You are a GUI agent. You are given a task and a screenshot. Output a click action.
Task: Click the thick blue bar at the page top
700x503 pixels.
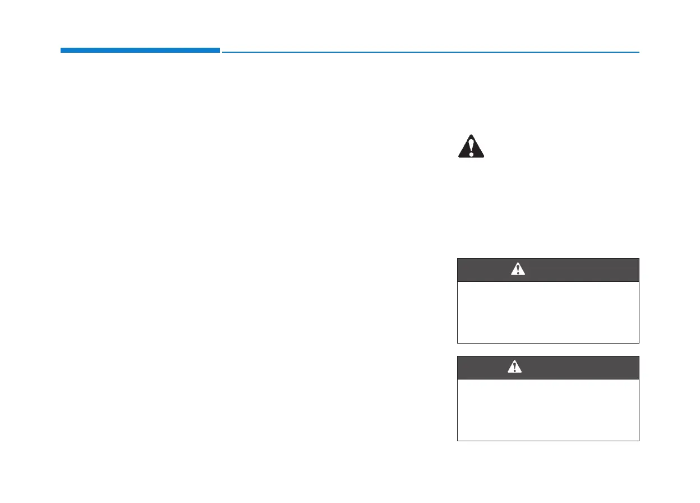(x=140, y=51)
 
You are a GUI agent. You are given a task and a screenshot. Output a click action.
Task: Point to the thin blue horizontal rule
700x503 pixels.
(x=431, y=52)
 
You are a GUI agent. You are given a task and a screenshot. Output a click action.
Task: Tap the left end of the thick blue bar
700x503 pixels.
(x=62, y=51)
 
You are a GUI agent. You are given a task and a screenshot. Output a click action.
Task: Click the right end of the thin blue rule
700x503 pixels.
(x=638, y=52)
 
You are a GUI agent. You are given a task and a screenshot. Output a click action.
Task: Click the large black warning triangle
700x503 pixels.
(x=472, y=147)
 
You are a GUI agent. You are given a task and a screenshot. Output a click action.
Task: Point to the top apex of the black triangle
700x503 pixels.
(x=472, y=135)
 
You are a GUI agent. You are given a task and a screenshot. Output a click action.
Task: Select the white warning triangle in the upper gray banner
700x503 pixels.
(x=518, y=269)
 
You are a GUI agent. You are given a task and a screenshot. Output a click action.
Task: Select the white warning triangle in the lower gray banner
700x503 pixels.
(x=514, y=367)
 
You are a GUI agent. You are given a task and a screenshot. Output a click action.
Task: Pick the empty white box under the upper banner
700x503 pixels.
(x=548, y=312)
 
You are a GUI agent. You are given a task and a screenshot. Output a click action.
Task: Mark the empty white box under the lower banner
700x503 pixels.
(x=548, y=409)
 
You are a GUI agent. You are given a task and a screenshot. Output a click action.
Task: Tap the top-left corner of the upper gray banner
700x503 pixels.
(x=458, y=259)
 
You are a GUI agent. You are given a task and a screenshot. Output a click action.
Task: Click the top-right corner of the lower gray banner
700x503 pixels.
(x=639, y=356)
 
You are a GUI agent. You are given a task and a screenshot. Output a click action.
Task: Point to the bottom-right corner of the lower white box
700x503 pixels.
(x=639, y=440)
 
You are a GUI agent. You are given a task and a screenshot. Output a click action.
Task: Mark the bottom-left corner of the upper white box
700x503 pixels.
(x=458, y=342)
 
